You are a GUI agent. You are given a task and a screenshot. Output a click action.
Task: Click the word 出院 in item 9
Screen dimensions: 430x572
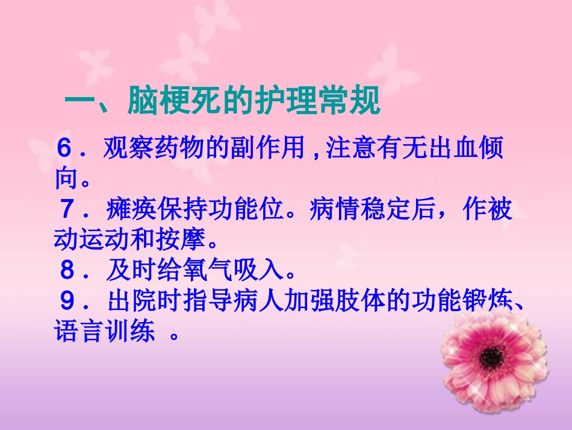132,302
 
